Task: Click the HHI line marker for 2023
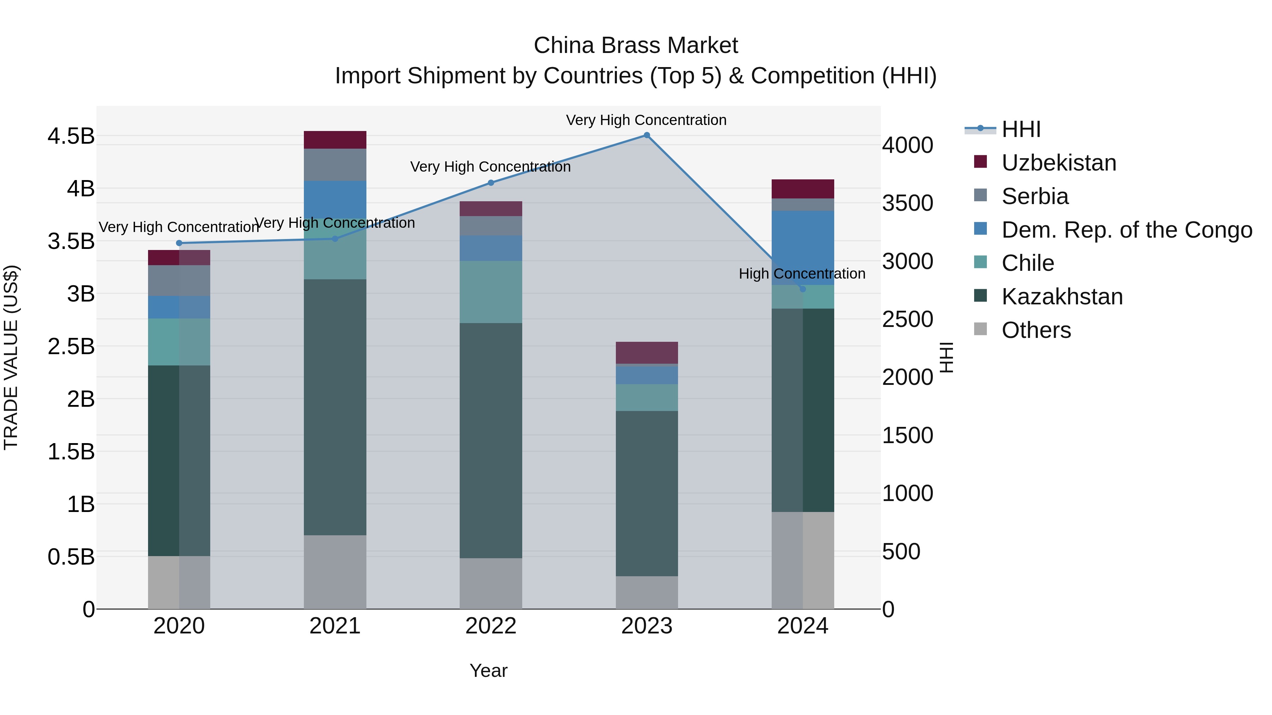pyautogui.click(x=646, y=135)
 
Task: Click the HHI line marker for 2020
pyautogui.click(x=179, y=243)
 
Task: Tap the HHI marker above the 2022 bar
pyautogui.click(x=491, y=183)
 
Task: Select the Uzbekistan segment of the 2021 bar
pyautogui.click(x=335, y=139)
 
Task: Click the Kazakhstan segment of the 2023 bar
pyautogui.click(x=646, y=494)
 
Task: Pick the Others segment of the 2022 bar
pyautogui.click(x=491, y=583)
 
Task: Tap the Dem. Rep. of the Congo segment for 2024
pyautogui.click(x=802, y=248)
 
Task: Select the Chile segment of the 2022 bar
pyautogui.click(x=491, y=292)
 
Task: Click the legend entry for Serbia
pyautogui.click(x=1035, y=196)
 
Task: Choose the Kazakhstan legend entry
pyautogui.click(x=1062, y=297)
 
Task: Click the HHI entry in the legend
pyautogui.click(x=1021, y=129)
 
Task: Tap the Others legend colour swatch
pyautogui.click(x=980, y=329)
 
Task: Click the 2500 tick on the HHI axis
pyautogui.click(x=908, y=319)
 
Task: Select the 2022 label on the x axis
pyautogui.click(x=491, y=626)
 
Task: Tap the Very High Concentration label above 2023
pyautogui.click(x=646, y=120)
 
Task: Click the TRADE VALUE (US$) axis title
pyautogui.click(x=11, y=357)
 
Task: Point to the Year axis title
pyautogui.click(x=488, y=671)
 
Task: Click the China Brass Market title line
pyautogui.click(x=636, y=46)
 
